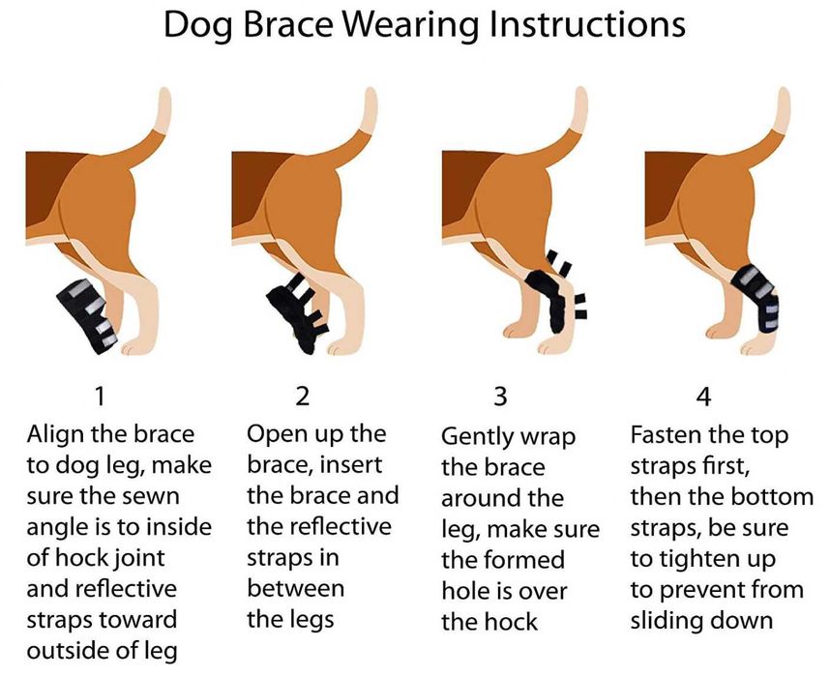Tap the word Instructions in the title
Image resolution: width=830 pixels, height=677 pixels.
pos(587,24)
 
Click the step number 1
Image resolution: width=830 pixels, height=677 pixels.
pos(99,396)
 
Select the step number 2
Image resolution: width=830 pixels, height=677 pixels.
pos(302,396)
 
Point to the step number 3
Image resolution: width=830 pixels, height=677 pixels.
pos(500,396)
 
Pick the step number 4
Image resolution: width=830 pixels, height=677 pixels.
pos(703,396)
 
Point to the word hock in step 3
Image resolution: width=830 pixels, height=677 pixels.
pos(513,622)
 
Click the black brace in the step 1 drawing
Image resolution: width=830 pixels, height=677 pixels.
pos(87,315)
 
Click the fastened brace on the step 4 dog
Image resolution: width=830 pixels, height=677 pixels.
pos(756,298)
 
